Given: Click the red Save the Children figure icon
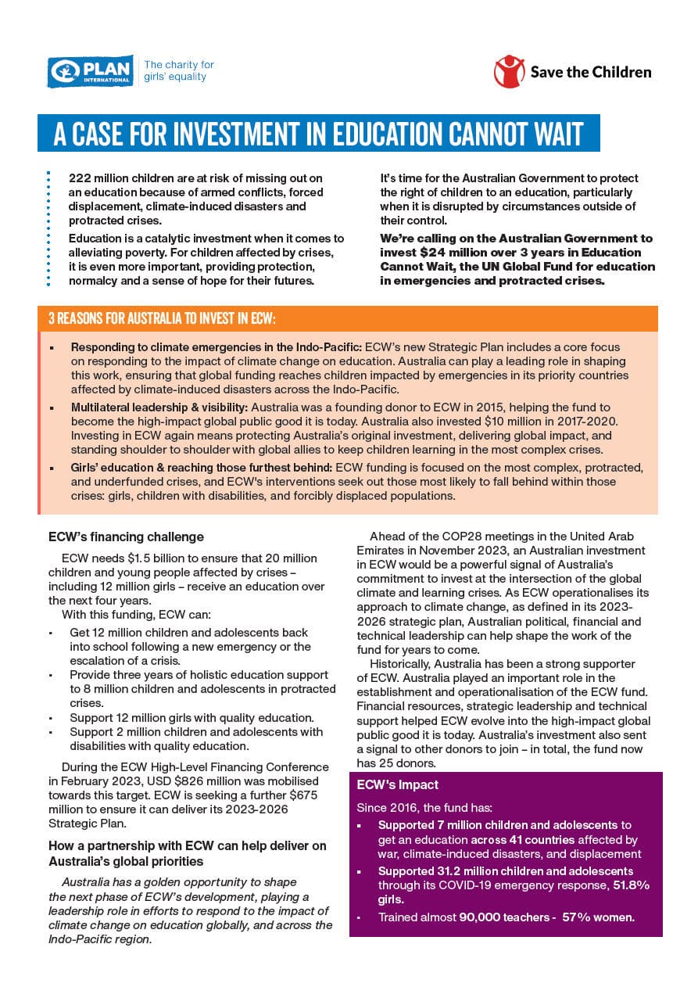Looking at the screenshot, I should (509, 71).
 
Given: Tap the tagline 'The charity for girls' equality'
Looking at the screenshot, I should (178, 70).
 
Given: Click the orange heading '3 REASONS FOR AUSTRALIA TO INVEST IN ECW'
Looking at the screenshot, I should (162, 319).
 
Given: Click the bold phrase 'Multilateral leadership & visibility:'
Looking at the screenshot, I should (159, 408).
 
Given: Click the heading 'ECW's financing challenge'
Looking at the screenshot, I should (126, 537).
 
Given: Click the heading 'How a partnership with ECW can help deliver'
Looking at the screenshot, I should (188, 846).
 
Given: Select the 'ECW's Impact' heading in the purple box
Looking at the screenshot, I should (397, 785).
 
